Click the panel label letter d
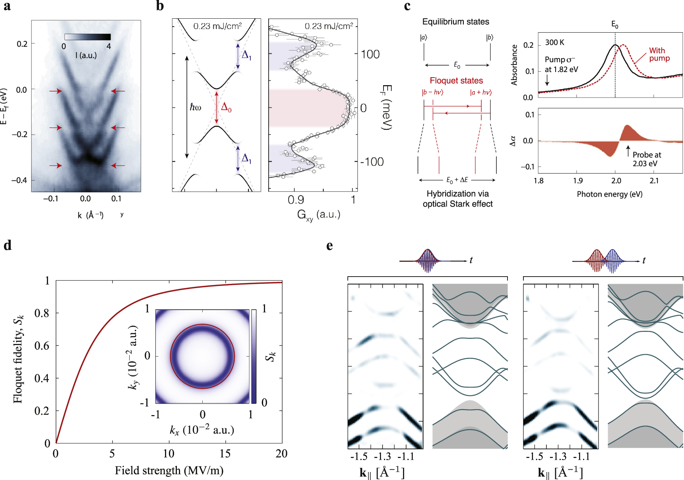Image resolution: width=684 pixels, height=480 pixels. [x=7, y=246]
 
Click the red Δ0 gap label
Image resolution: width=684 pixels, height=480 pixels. [x=226, y=107]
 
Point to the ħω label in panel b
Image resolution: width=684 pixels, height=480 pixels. [x=195, y=107]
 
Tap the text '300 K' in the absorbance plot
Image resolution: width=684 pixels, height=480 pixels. [x=554, y=43]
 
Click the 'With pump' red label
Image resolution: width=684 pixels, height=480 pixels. [x=659, y=55]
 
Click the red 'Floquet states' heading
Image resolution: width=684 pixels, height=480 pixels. [x=456, y=81]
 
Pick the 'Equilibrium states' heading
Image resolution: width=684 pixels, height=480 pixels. [x=455, y=22]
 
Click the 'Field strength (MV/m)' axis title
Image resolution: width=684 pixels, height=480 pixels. [x=169, y=471]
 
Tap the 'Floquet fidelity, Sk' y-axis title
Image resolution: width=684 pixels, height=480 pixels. [x=18, y=359]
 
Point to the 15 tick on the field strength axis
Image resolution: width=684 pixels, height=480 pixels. [x=225, y=454]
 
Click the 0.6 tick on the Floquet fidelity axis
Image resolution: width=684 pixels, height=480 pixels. [x=42, y=346]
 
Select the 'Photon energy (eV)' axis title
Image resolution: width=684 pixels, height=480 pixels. [x=609, y=194]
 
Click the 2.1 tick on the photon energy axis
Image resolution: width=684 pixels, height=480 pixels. [x=654, y=181]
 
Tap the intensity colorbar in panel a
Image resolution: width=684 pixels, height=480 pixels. [x=87, y=37]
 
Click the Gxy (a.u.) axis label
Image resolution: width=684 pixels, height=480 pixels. [x=318, y=215]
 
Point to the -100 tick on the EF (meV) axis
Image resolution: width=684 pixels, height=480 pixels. [x=372, y=162]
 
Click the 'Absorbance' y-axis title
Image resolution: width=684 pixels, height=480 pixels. [x=514, y=65]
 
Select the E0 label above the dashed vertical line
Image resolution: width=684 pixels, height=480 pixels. [x=614, y=25]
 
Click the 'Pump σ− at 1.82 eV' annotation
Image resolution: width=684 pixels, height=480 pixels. [x=561, y=64]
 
